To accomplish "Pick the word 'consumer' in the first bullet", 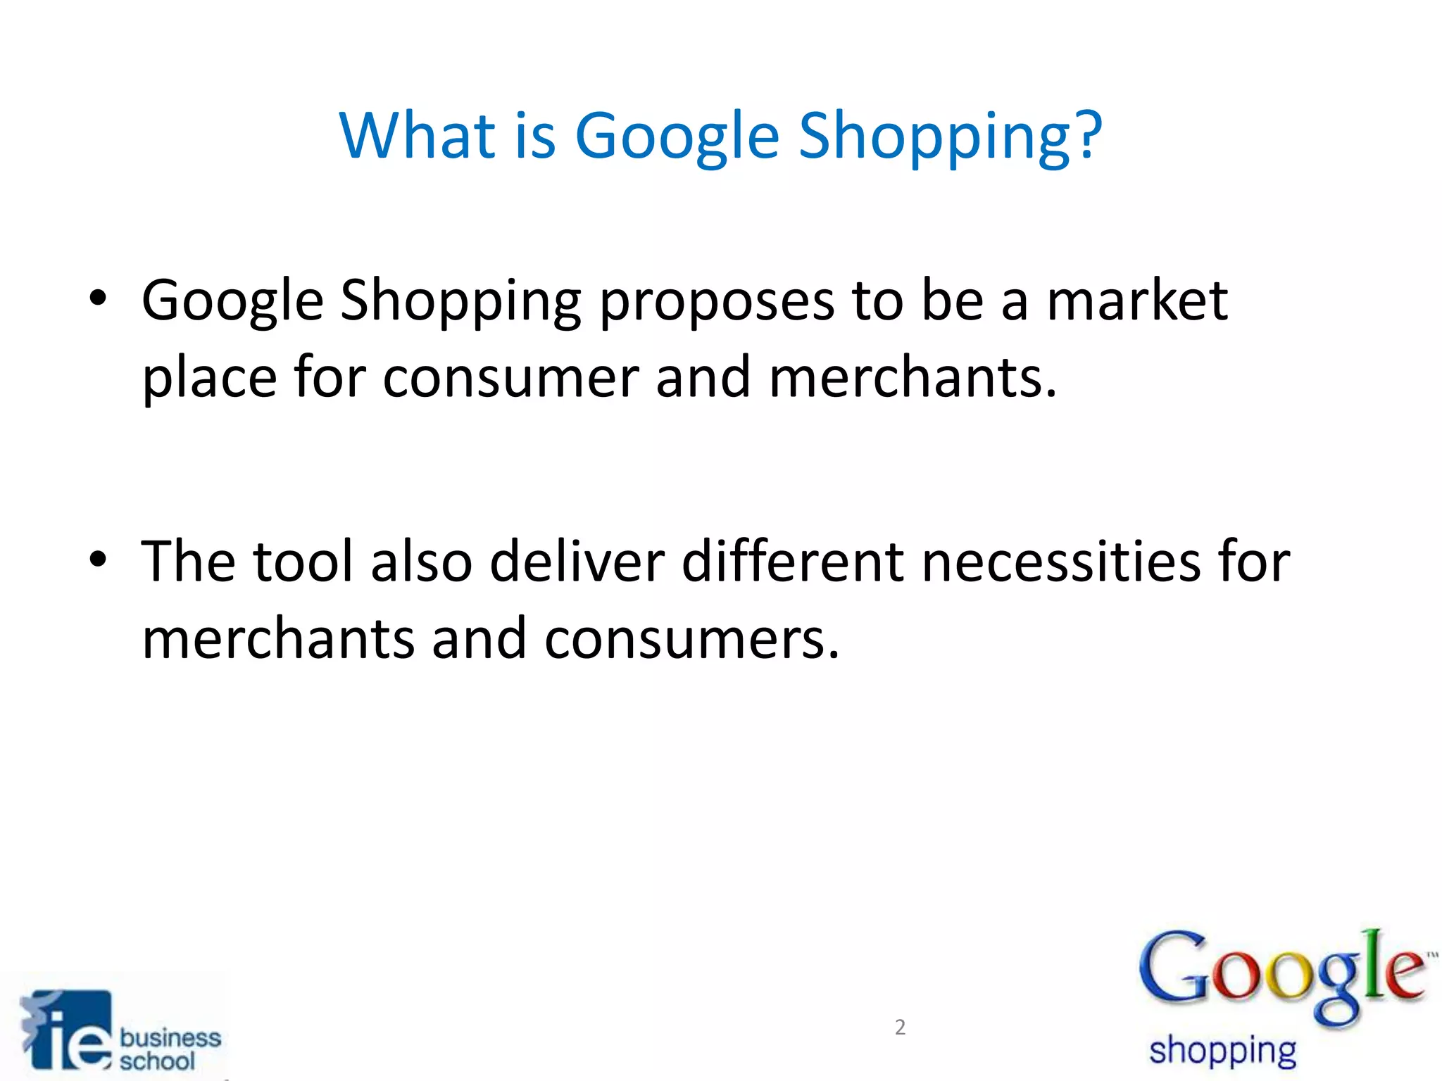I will tap(510, 379).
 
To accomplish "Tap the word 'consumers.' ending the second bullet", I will tap(692, 639).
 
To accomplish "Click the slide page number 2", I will tap(900, 1028).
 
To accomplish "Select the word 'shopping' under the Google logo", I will tap(1222, 1051).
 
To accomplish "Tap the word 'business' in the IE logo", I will tap(170, 1037).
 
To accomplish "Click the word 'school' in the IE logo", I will tap(156, 1061).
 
